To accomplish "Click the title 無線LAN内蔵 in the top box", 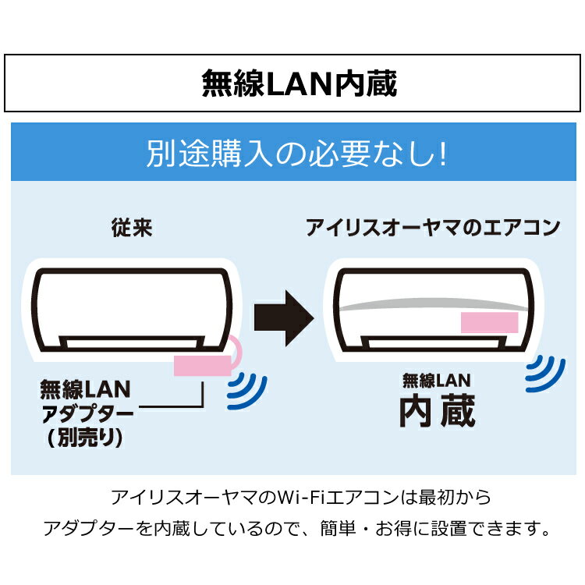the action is [300, 83].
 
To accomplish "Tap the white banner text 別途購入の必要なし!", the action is [296, 154].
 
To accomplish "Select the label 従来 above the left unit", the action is [132, 228].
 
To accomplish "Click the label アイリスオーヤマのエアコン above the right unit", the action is [433, 228].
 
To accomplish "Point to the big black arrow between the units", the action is [284, 318].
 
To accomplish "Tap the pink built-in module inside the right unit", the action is [490, 322].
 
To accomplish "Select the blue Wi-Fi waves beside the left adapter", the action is [247, 391].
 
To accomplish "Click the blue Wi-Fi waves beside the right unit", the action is [545, 374].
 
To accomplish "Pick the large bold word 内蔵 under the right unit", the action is [438, 411].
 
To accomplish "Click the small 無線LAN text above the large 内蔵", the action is [437, 381].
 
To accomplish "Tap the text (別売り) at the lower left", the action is [85, 437].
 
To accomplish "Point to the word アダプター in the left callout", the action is [87, 413].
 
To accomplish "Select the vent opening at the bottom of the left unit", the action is [132, 342].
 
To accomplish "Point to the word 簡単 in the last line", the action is [338, 528].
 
